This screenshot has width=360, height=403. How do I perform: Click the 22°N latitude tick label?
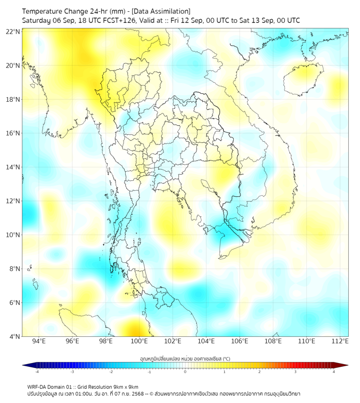coord(13,31)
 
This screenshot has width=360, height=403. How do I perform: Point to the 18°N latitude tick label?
coord(13,100)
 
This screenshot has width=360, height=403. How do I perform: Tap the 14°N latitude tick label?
coord(13,167)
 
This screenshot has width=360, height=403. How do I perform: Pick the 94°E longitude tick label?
coord(39,342)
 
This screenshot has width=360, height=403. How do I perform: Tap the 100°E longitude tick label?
coord(140,342)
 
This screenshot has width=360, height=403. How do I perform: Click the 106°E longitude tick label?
coord(240,342)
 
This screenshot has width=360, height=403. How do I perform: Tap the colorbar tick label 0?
coord(185,371)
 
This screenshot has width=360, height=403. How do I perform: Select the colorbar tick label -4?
coord(37,371)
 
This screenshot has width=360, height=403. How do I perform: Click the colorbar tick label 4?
coord(334,371)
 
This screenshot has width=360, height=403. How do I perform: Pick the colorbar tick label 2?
coord(259,371)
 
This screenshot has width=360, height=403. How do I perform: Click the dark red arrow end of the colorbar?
coord(345,365)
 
